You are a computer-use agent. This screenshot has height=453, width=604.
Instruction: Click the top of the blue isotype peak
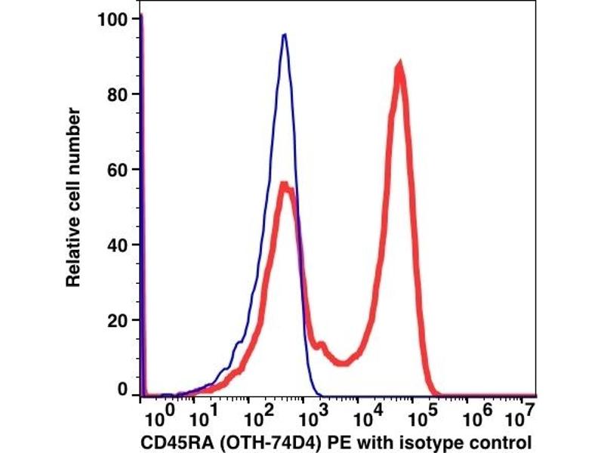[x=284, y=35]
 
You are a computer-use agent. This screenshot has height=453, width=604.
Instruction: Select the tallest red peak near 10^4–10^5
[x=399, y=66]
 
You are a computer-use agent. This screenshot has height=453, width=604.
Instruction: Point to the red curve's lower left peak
[x=285, y=183]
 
